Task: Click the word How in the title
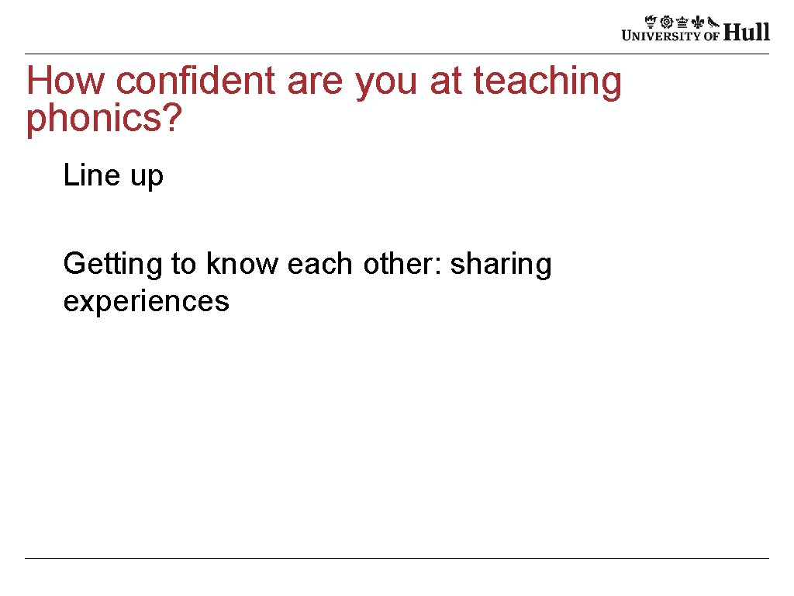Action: [x=64, y=81]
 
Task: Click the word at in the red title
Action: [x=446, y=82]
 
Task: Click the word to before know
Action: [x=185, y=265]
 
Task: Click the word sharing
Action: [x=502, y=265]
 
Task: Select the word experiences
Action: [x=146, y=301]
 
